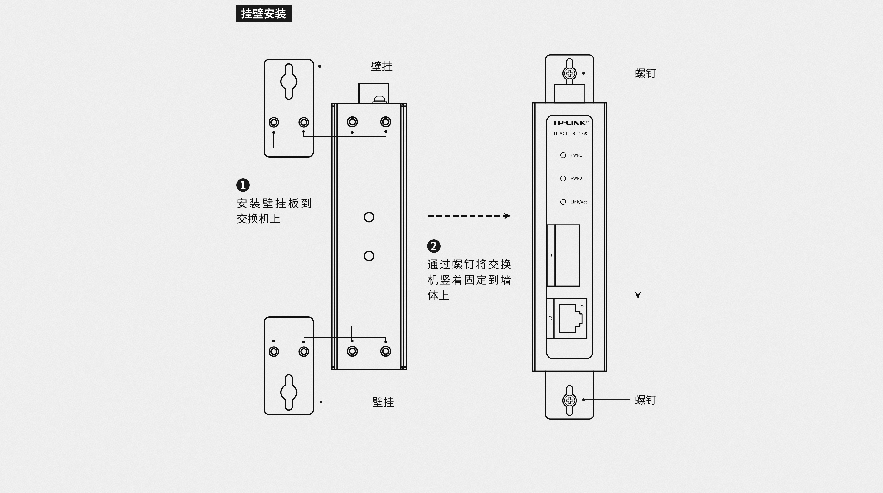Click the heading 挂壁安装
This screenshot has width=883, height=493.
point(264,14)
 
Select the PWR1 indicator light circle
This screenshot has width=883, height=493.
point(563,155)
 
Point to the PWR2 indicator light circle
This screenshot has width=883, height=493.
point(563,178)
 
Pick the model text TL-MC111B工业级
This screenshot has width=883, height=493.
point(570,133)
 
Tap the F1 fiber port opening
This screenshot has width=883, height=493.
point(567,255)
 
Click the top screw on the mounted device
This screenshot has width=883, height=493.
point(569,73)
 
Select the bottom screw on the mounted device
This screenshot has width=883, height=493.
point(569,400)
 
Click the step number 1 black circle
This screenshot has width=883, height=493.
point(243,185)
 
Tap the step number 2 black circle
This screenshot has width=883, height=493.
point(434,246)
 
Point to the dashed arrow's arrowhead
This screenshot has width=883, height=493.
point(507,216)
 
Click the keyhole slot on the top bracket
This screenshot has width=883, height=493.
point(289,82)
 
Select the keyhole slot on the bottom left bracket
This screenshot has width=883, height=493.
point(289,392)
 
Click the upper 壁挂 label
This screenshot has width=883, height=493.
point(381,66)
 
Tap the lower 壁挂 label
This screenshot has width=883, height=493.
point(383,402)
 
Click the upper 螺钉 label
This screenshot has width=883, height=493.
point(645,73)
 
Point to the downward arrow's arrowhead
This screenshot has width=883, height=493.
point(638,295)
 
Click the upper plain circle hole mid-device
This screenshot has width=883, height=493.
point(369,217)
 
